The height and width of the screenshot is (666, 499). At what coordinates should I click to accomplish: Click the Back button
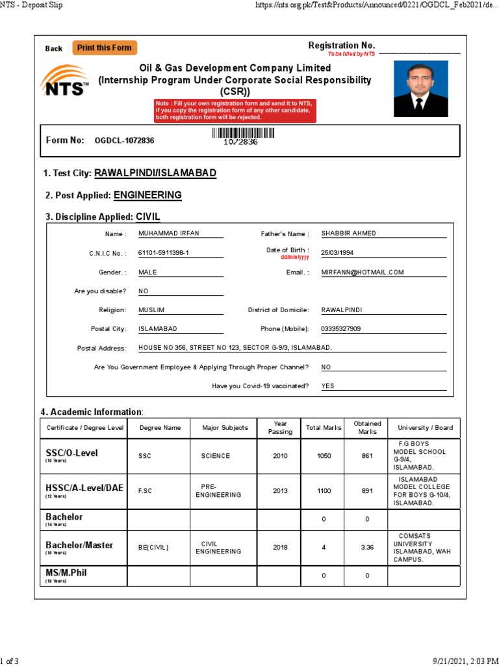pos(54,49)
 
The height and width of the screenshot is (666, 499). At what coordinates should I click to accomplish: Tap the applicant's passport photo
pos(420,88)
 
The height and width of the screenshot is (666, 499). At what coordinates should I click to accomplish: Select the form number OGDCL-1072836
pos(124,140)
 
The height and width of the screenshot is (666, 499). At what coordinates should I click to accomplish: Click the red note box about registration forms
pos(235,111)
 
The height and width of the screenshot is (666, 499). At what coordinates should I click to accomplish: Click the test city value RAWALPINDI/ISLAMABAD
pos(155,173)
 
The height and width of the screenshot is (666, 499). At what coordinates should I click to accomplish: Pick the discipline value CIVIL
pos(148,217)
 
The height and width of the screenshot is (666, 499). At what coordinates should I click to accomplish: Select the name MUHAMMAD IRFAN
pos(164,233)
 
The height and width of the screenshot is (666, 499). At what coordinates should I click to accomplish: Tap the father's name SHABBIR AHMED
pos(348,233)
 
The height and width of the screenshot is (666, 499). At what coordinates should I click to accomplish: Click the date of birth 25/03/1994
pos(337,253)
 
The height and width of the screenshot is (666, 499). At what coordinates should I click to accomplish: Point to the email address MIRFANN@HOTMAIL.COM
pos(363,273)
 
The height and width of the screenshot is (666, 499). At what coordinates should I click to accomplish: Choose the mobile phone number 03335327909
pos(341,329)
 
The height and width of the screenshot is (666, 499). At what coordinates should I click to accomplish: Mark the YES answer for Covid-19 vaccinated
pos(328,386)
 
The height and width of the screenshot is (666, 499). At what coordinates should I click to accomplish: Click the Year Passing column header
pos(280,428)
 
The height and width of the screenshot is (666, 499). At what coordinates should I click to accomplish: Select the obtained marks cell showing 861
pos(367,456)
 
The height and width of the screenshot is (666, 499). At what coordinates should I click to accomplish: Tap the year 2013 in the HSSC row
pos(280,491)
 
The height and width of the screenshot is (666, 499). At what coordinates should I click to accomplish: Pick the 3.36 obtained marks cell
pos(367,548)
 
